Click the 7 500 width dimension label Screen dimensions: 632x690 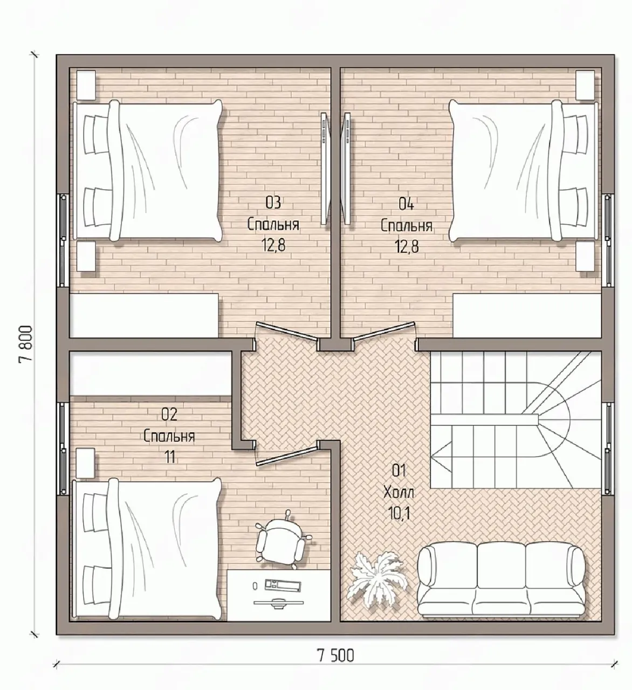[x=335, y=655]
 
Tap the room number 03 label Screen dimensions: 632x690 [x=273, y=203]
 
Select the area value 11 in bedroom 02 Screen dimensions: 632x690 [x=170, y=457]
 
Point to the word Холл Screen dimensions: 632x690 [x=399, y=493]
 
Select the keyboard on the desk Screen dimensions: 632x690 [x=281, y=584]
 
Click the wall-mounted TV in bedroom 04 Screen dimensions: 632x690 [x=346, y=169]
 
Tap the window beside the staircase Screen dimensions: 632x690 [x=608, y=449]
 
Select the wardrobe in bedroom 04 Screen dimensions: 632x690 [x=527, y=315]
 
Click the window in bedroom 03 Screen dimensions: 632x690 [x=63, y=240]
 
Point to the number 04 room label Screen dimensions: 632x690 [x=406, y=204]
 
